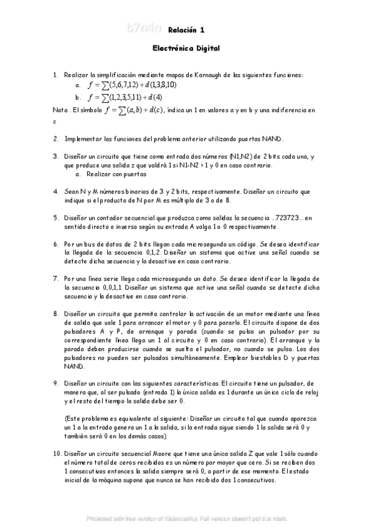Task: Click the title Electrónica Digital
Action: (186, 48)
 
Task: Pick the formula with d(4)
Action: (125, 97)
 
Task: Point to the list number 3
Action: (55, 156)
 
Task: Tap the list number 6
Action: (55, 245)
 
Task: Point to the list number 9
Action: (55, 385)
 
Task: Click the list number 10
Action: (57, 455)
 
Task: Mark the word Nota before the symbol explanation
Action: (60, 110)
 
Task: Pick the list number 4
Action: (55, 192)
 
